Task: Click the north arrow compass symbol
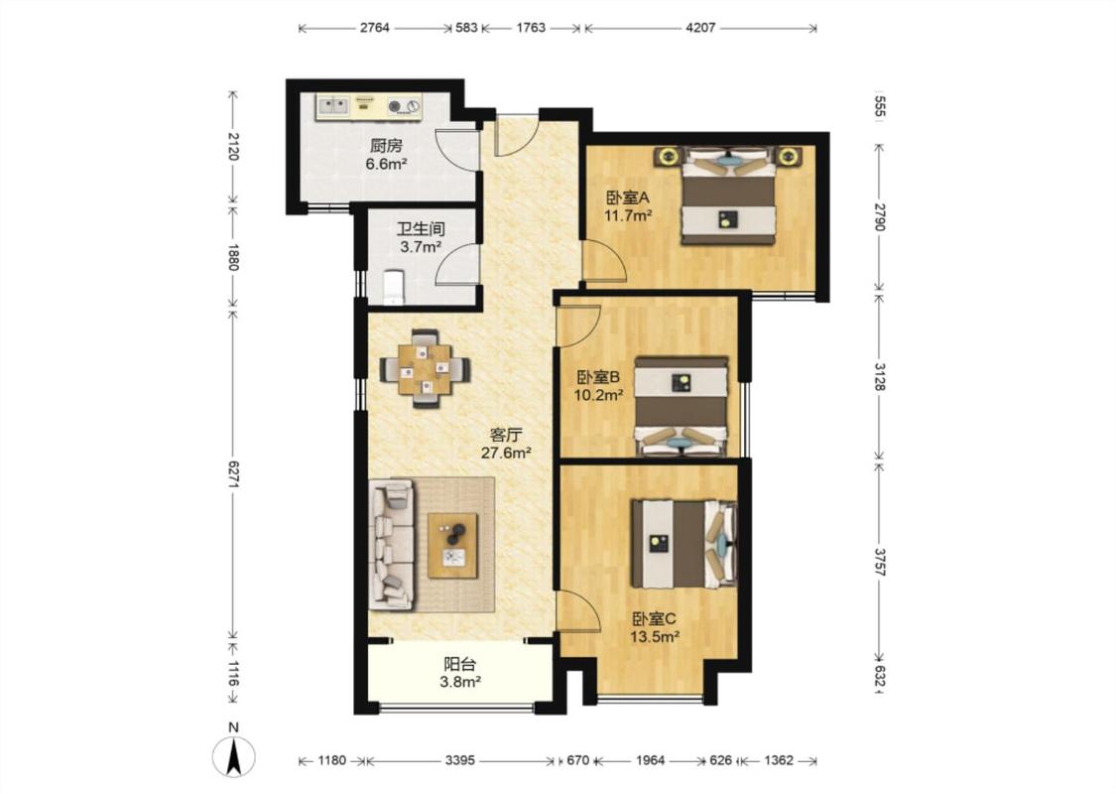(233, 755)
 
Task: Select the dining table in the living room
(425, 369)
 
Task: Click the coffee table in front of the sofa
(452, 546)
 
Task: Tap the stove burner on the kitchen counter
(395, 107)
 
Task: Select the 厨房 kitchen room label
(387, 146)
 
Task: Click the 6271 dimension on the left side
(233, 472)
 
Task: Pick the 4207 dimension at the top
(700, 28)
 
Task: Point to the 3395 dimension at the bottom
(459, 760)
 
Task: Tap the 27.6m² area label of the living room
(507, 453)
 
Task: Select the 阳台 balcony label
(459, 664)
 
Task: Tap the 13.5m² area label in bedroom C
(655, 636)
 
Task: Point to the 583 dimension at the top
(466, 28)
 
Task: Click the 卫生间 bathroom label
(421, 229)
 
